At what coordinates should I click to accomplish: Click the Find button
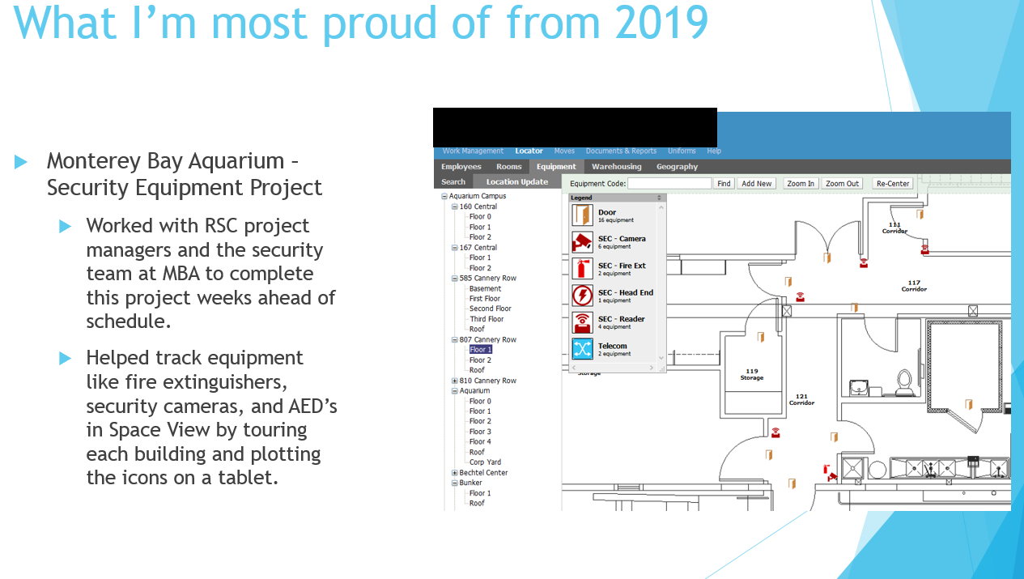pos(724,183)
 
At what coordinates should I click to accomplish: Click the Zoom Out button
pos(842,183)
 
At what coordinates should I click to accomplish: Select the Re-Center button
pos(892,183)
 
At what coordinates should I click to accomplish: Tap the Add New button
pos(757,183)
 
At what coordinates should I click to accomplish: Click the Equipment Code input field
pos(669,183)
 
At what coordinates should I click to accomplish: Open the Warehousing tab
pos(616,167)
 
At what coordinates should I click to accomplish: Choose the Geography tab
pos(677,167)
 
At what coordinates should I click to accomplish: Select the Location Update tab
pos(517,181)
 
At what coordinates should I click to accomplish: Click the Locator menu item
pos(529,151)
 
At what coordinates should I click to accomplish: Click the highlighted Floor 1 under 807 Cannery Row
pos(481,349)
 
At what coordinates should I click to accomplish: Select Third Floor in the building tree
pos(487,319)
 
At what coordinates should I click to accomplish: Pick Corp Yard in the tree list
pos(485,462)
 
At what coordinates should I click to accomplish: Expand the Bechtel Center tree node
pos(454,472)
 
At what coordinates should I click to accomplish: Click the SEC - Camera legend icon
pos(582,242)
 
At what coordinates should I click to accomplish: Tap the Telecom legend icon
pos(582,349)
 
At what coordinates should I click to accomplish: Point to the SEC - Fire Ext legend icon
pos(582,269)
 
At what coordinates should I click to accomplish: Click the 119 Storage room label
pos(752,374)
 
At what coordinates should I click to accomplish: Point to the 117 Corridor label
pos(914,286)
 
